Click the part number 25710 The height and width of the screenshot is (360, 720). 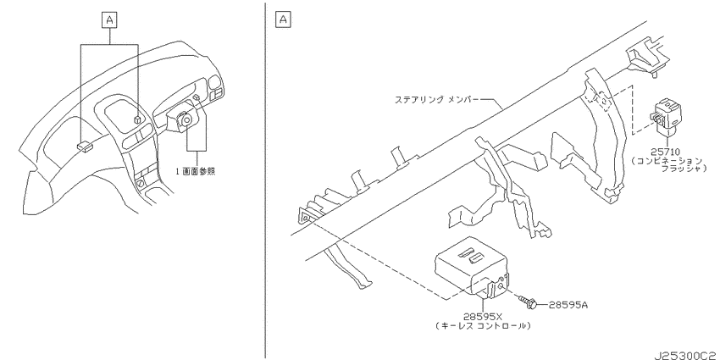coord(665,151)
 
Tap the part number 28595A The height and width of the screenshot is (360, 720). coord(568,304)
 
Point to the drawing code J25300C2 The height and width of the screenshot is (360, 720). coord(687,356)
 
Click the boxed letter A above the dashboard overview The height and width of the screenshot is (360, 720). coord(109,20)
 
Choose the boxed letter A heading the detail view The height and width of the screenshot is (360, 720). coord(283,19)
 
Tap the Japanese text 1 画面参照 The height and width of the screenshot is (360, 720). coord(196,172)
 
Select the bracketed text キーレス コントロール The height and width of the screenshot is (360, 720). coord(482,325)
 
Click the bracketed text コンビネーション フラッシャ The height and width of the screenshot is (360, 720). coord(667,164)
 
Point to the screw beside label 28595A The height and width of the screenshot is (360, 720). coord(528,302)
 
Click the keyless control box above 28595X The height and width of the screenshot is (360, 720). coord(471,267)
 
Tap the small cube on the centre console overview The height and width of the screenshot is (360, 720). coord(136,119)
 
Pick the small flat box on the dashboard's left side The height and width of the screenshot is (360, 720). coord(85,146)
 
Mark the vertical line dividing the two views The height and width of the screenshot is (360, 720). coord(265,180)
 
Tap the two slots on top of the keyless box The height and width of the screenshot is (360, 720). coord(471,256)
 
